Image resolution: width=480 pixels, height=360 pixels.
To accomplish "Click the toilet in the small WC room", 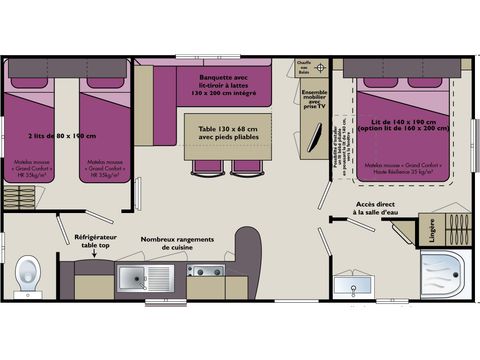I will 27,270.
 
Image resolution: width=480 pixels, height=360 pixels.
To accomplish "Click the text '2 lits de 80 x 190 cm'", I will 62,136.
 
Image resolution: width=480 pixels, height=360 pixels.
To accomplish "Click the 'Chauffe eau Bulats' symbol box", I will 312,68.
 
